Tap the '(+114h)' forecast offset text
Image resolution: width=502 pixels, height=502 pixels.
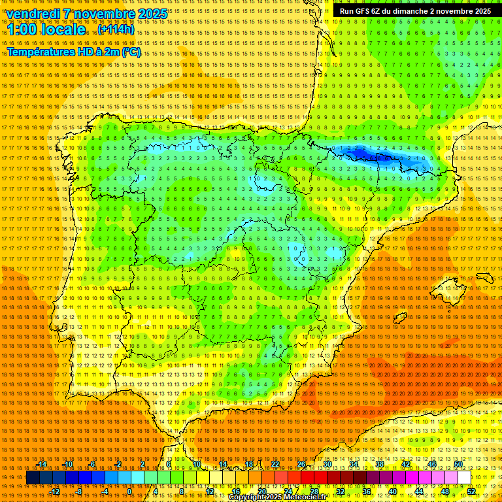point(116,29)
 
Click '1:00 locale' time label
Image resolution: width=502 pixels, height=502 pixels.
point(46,30)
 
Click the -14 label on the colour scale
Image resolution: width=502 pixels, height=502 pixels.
point(42,464)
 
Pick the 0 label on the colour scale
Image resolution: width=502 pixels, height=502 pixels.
point(130,492)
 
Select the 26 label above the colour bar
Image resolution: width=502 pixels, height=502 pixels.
point(301,464)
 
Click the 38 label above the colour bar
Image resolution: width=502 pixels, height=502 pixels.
point(379,464)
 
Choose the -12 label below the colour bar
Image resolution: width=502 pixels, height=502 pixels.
point(56,492)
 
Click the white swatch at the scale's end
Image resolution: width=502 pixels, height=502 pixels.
point(464,478)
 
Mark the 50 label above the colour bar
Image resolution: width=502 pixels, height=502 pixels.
point(458,464)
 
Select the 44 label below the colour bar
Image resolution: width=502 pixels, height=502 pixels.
point(419,492)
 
